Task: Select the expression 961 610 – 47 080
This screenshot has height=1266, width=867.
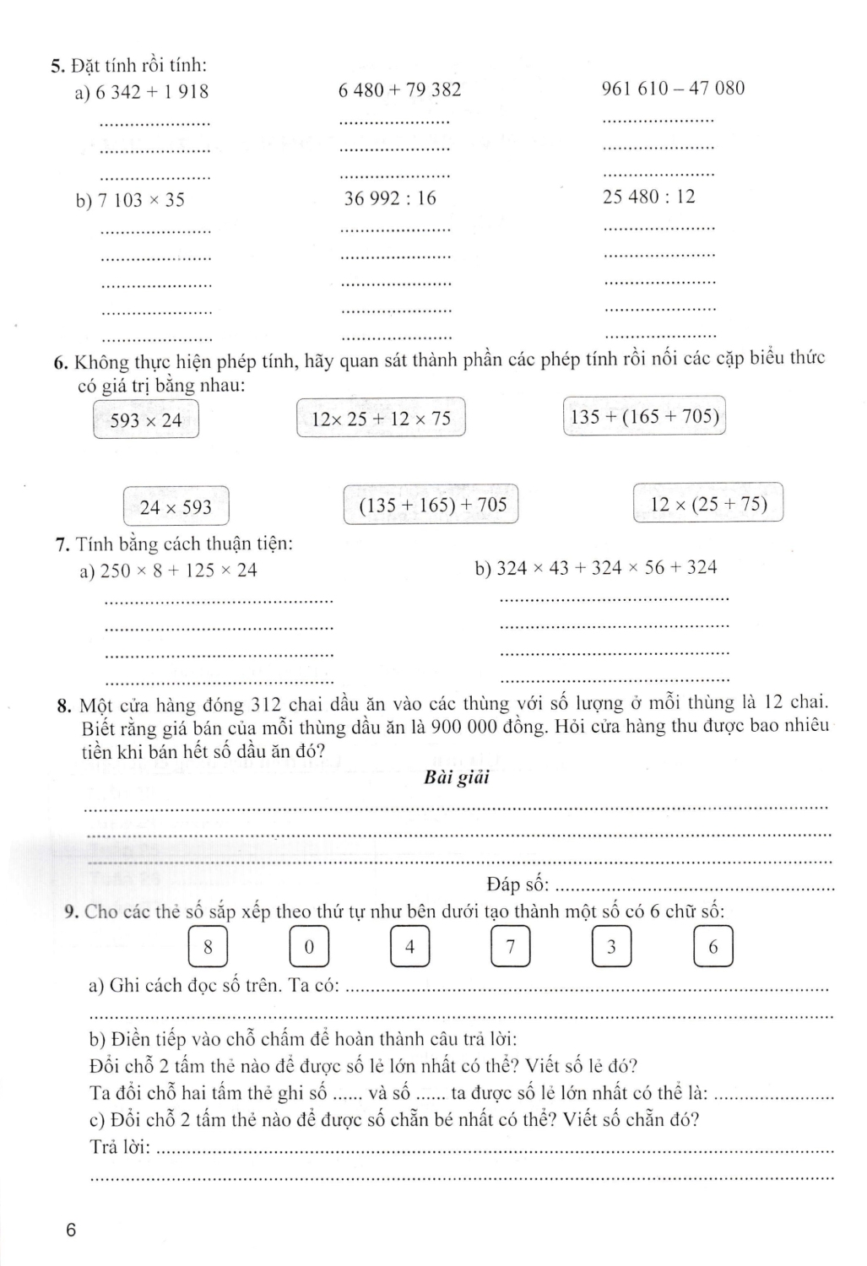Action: tap(673, 89)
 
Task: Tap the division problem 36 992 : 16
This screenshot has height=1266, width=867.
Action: tap(390, 199)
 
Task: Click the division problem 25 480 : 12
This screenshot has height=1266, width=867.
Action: tap(648, 197)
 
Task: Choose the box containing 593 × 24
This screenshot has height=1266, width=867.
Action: tap(146, 419)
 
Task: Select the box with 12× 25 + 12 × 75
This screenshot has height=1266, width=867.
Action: tap(381, 419)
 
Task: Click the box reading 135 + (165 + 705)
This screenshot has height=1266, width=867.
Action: tap(644, 416)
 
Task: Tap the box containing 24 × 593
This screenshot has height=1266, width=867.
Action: tap(176, 507)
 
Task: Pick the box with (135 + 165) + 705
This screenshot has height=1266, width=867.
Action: tap(431, 506)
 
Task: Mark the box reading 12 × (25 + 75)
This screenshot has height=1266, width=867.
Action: tap(708, 505)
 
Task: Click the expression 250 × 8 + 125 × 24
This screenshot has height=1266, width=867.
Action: tap(178, 571)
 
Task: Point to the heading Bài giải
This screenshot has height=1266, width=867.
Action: tap(457, 778)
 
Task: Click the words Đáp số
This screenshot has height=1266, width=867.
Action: tap(517, 885)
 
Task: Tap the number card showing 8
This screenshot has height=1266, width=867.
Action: tap(208, 947)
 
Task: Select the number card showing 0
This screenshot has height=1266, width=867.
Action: tap(309, 947)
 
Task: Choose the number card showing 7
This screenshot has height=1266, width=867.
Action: tap(510, 947)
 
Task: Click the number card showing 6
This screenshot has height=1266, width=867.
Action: tap(713, 947)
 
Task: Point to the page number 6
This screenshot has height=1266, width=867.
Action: tap(70, 1231)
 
